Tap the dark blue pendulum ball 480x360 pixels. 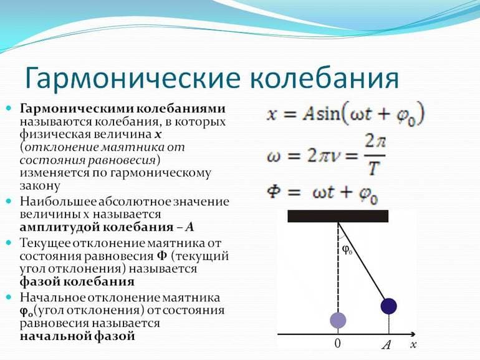[388, 306]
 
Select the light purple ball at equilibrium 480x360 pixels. [337, 320]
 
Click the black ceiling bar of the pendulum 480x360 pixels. [337, 216]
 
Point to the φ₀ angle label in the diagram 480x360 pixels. [348, 250]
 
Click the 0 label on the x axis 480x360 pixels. [337, 344]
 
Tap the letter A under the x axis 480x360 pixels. [386, 344]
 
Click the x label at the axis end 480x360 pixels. [413, 344]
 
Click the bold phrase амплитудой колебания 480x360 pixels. [99, 227]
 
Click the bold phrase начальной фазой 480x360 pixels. [77, 336]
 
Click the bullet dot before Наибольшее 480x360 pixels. [9, 202]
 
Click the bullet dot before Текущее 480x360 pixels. [9, 241]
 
